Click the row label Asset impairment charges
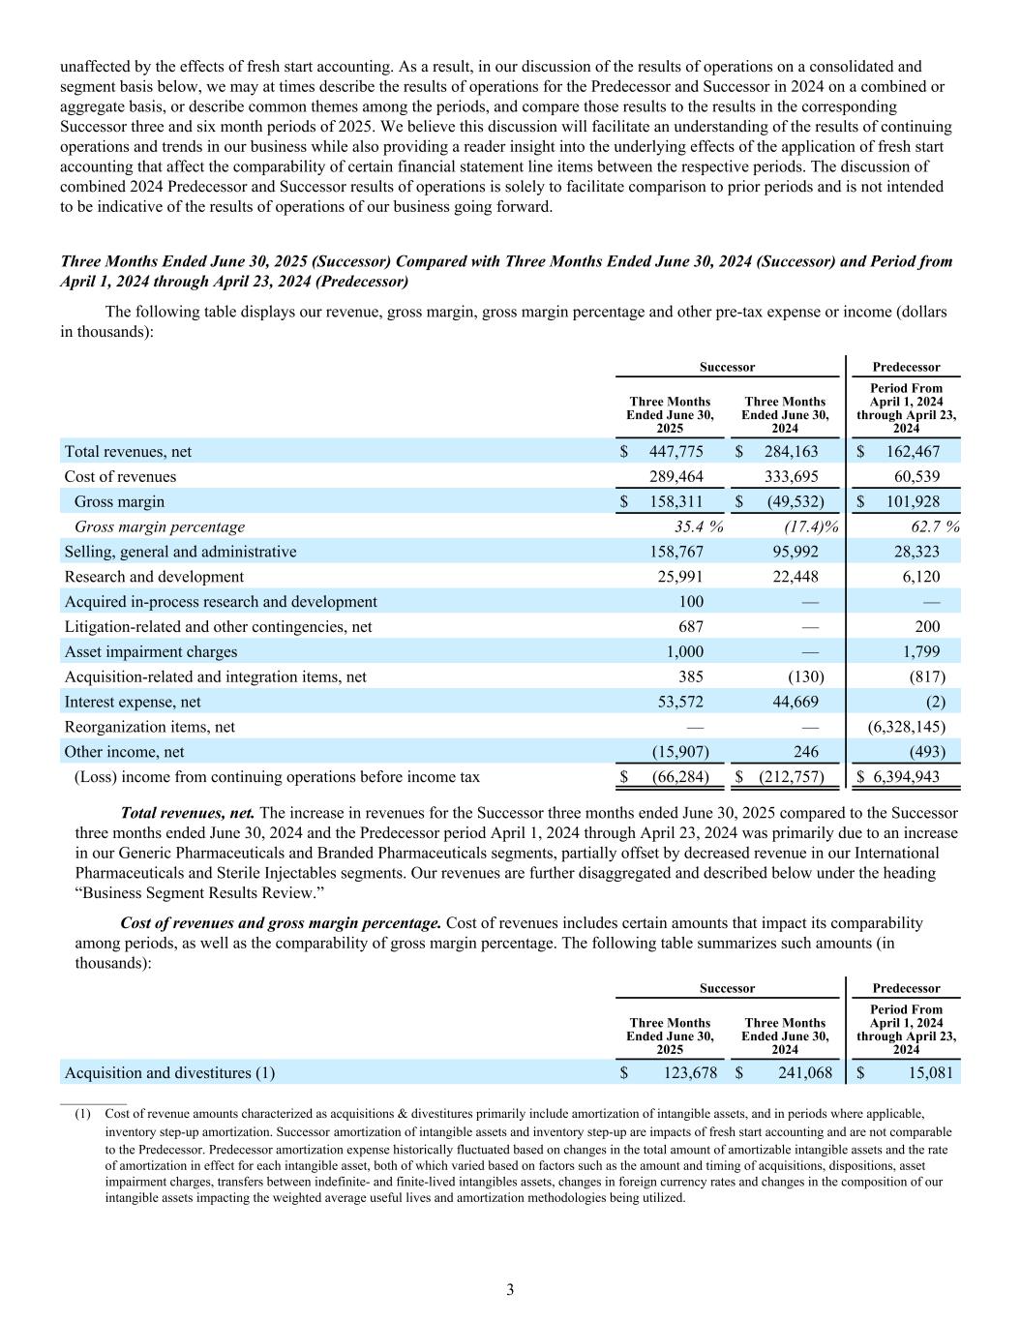[x=150, y=652]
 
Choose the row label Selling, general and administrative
[x=180, y=552]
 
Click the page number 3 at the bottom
[x=510, y=1290]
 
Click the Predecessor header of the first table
[x=906, y=368]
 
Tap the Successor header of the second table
[x=728, y=989]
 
